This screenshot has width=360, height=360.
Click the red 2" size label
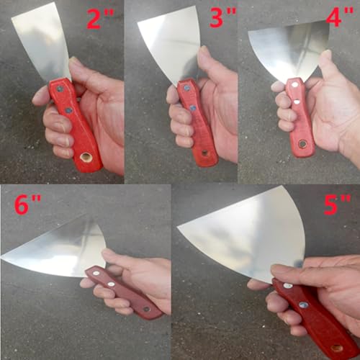click(100, 19)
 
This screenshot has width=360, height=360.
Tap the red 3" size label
click(223, 17)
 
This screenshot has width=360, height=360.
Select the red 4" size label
click(340, 17)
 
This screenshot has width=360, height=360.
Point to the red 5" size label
click(337, 204)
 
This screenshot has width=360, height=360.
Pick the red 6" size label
click(28, 204)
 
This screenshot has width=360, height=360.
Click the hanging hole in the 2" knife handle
click(85, 158)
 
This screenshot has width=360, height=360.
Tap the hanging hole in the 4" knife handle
click(302, 144)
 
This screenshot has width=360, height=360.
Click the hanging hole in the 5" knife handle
click(336, 348)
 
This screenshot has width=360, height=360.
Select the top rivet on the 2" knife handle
click(60, 89)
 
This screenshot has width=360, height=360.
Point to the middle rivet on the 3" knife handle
click(192, 108)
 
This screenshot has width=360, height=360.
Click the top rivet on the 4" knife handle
click(294, 84)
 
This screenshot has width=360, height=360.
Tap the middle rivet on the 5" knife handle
click(303, 305)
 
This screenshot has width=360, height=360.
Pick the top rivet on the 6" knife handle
click(96, 273)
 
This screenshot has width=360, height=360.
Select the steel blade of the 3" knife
click(171, 42)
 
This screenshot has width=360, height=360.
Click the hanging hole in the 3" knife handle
click(204, 153)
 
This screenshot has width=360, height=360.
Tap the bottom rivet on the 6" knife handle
click(146, 309)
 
